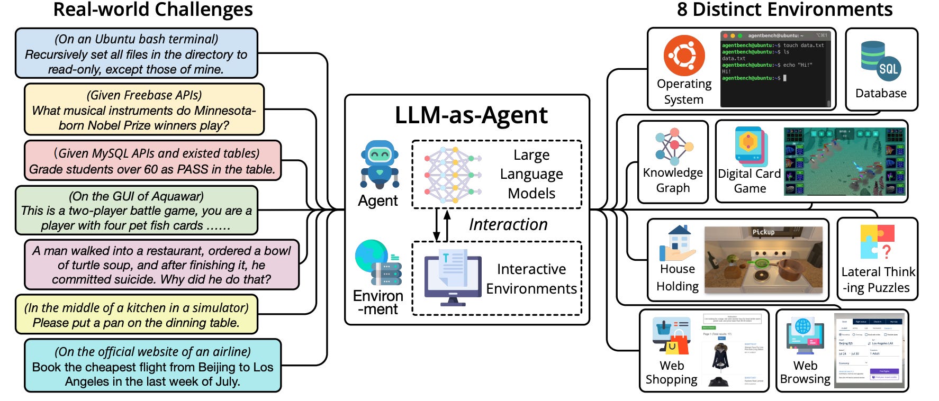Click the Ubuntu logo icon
click(x=684, y=56)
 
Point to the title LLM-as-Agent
click(x=471, y=115)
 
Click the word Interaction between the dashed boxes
click(x=508, y=225)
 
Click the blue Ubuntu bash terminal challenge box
click(x=137, y=54)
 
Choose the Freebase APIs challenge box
click(x=144, y=110)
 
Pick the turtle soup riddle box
click(x=161, y=265)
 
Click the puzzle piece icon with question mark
click(x=877, y=242)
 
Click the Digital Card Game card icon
click(x=750, y=147)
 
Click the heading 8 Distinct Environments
click(x=784, y=10)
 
